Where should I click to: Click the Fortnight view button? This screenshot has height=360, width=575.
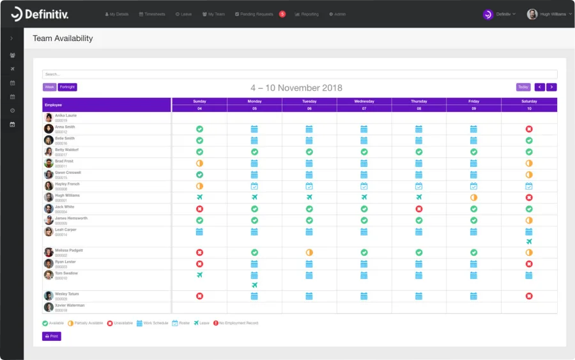(67, 87)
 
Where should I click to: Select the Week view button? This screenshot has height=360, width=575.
(49, 87)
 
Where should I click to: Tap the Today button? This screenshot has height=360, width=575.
(523, 87)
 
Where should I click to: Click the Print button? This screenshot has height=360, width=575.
(52, 336)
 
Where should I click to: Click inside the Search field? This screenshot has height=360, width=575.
(300, 74)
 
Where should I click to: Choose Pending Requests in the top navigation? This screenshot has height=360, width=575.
(255, 14)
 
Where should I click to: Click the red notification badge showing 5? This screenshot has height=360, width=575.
(282, 14)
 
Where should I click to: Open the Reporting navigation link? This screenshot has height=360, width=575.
(307, 14)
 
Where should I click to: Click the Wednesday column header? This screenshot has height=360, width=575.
(364, 101)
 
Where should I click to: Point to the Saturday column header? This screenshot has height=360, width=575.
(529, 101)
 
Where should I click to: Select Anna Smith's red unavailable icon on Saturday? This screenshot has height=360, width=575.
(529, 129)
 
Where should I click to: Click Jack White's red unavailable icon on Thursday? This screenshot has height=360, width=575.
(419, 209)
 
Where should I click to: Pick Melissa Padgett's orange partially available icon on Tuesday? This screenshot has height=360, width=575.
(309, 253)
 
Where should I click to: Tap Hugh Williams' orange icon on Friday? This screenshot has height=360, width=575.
(474, 198)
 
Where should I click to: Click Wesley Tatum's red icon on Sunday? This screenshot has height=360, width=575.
(199, 296)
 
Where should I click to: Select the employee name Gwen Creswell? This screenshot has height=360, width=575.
(68, 173)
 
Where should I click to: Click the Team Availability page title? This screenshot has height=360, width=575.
(63, 38)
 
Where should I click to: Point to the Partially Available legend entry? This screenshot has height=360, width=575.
(85, 323)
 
